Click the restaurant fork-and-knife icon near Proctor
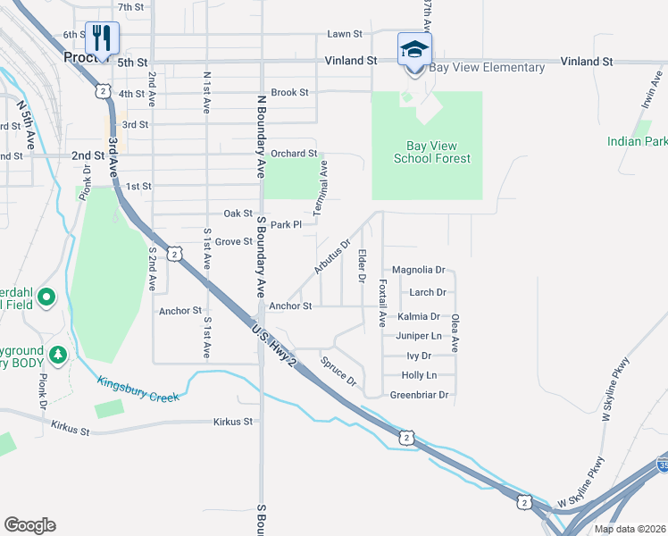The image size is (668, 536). coord(102,38)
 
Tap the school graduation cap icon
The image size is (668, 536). coord(414,48)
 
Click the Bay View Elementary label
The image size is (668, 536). coord(487,68)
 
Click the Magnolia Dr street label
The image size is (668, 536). coord(418,270)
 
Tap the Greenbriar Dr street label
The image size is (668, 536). coord(418,395)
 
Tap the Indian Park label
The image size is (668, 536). coord(637,141)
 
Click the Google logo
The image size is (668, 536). coord(29,525)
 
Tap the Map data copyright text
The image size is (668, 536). coord(629,529)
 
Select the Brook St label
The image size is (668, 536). coord(289,92)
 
